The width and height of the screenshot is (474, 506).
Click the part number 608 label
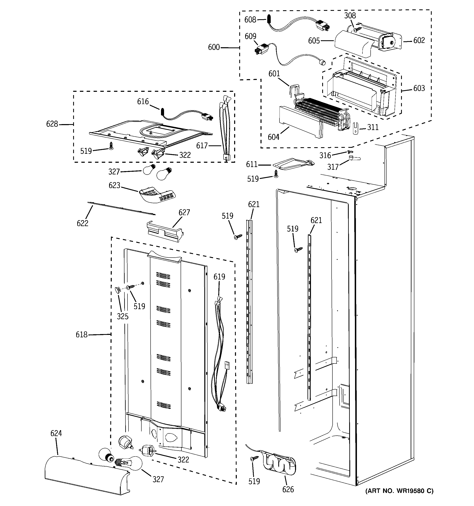coord(250,20)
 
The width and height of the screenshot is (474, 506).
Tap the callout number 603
coord(419,88)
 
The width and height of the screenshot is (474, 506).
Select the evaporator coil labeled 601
coord(321,112)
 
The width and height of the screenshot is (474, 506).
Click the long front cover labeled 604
coord(300,122)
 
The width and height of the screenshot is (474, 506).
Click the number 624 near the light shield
coord(56,433)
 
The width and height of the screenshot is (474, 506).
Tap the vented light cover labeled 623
coord(158,195)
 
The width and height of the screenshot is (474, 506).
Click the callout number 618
coord(81,335)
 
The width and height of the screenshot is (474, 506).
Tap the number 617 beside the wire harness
coord(202,146)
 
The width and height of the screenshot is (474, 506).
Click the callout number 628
coord(52,124)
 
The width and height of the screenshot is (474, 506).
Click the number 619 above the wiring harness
coord(219,277)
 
